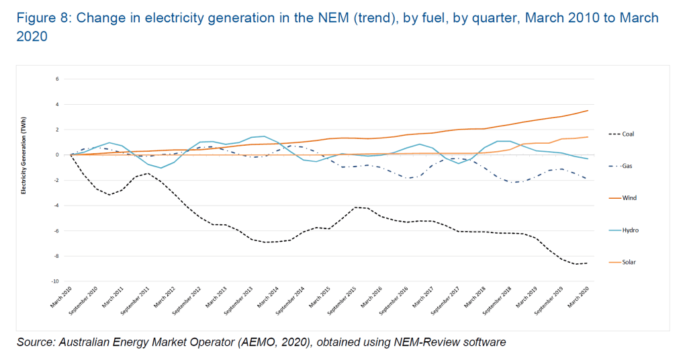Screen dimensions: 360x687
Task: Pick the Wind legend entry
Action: tap(629, 198)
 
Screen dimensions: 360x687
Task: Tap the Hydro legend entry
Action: tap(630, 230)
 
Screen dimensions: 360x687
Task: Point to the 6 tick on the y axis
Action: tap(58, 79)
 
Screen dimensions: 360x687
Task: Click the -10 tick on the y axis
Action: tap(56, 281)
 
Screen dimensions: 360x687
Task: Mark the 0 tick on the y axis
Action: tap(58, 154)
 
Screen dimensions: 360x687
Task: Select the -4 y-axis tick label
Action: tap(57, 206)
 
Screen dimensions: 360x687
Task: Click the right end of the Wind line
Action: tap(588, 110)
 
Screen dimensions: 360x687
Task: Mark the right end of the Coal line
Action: tap(588, 263)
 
